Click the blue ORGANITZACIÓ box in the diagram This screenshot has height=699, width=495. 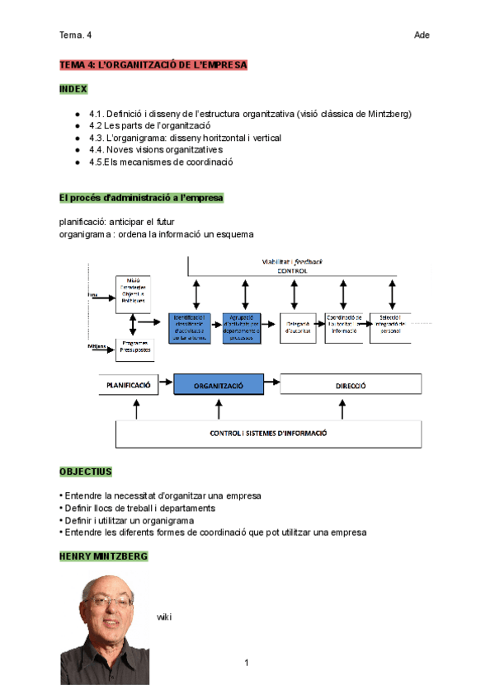click(218, 385)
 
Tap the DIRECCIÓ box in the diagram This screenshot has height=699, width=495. click(350, 385)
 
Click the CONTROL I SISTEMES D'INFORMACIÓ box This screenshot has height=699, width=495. click(268, 433)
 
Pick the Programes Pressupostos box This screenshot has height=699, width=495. click(134, 345)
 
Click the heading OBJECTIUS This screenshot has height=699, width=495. click(85, 471)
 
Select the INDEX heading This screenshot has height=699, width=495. click(73, 88)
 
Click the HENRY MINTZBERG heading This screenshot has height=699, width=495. click(103, 556)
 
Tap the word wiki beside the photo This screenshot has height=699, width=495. click(163, 617)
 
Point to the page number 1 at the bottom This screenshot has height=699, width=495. click(246, 663)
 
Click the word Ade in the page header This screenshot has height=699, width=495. click(422, 35)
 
